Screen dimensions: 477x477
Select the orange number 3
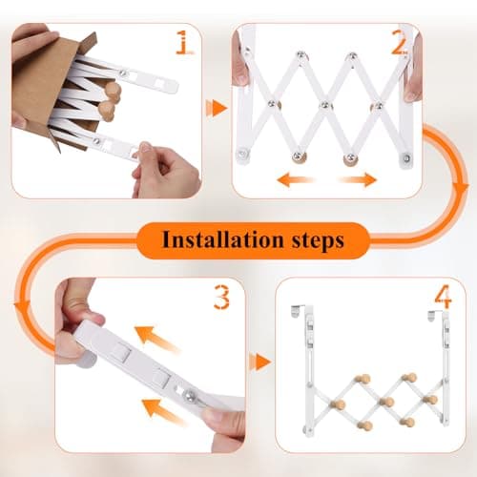(221, 299)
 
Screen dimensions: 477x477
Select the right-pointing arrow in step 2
(360, 178)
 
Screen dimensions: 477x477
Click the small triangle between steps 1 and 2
(218, 108)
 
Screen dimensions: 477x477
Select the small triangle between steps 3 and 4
(255, 363)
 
